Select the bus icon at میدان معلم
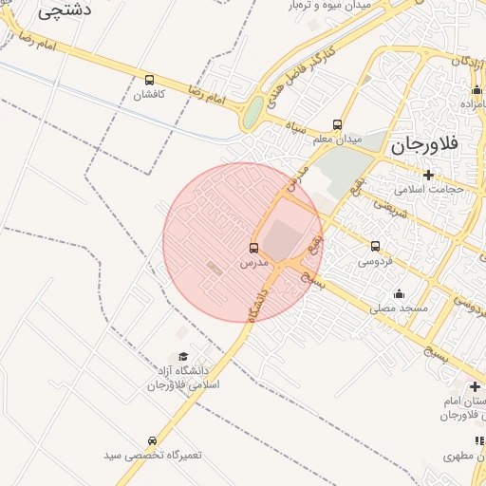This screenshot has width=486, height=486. click(x=337, y=124)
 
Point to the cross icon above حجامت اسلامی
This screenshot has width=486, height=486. click(x=428, y=174)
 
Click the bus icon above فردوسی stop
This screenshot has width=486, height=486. click(x=375, y=246)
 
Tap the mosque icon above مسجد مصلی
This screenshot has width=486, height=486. click(x=398, y=293)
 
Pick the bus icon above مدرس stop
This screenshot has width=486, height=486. click(x=253, y=247)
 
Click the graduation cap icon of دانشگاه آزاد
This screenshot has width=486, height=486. click(x=183, y=356)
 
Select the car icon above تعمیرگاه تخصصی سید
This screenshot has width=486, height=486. click(x=152, y=441)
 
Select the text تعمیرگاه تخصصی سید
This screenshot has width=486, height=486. click(x=153, y=456)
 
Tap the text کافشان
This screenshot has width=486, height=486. click(x=149, y=95)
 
